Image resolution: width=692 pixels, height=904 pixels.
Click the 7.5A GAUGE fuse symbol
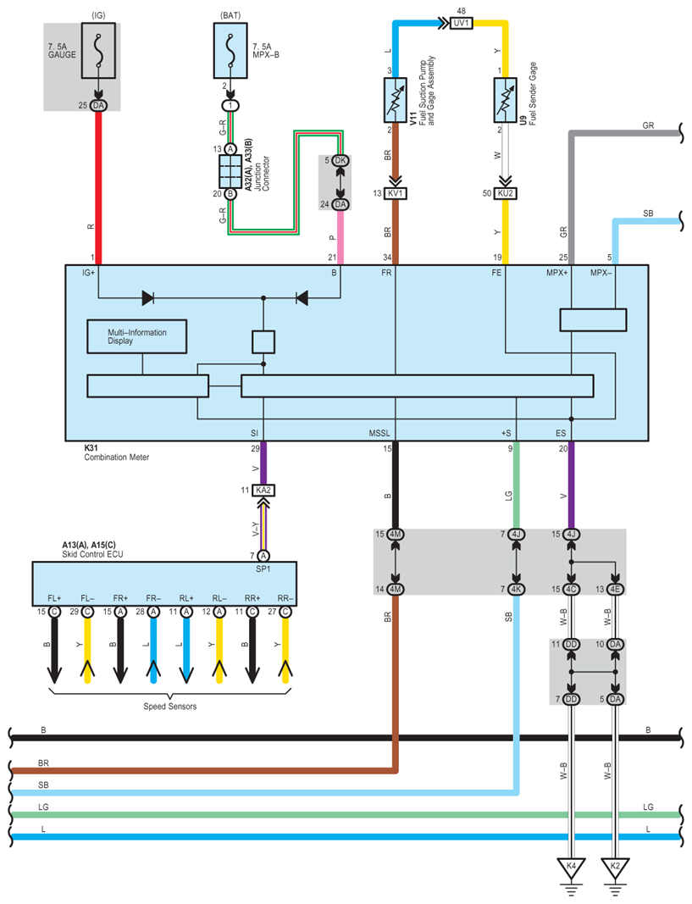click(x=98, y=51)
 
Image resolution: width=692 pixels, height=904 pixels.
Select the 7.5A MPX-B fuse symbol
click(x=230, y=51)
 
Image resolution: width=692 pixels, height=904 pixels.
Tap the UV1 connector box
click(x=461, y=23)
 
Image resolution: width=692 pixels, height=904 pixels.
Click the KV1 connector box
click(x=396, y=193)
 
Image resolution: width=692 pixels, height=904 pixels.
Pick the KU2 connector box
click(x=506, y=193)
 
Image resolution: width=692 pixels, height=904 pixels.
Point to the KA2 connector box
click(x=263, y=490)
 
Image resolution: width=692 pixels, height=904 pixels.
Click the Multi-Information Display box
click(x=136, y=336)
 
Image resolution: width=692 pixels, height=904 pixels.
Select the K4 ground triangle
click(x=571, y=868)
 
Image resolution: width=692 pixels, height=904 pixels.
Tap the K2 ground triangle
click(x=615, y=868)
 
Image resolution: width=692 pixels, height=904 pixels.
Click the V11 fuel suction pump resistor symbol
click(x=396, y=100)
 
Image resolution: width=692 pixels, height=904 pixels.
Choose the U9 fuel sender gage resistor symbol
click(x=506, y=100)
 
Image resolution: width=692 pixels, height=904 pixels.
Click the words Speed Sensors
click(x=170, y=707)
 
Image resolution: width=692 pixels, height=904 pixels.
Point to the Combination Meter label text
click(x=116, y=458)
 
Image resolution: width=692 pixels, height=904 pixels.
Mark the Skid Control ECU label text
click(x=92, y=554)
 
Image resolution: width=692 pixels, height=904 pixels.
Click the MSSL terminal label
click(x=379, y=433)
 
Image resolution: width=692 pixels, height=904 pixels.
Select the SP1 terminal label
click(x=263, y=568)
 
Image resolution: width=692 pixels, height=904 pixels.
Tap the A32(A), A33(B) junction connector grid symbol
click(x=230, y=171)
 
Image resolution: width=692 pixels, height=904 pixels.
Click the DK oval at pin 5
click(x=340, y=160)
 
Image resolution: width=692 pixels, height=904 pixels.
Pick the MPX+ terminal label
click(x=557, y=272)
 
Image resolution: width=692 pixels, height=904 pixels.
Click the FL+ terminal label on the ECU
click(x=54, y=598)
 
